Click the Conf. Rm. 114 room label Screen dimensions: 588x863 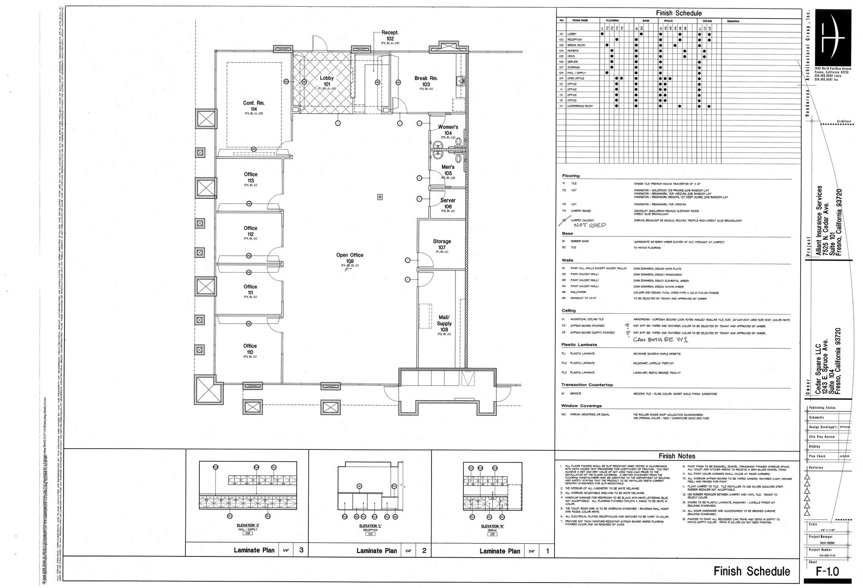[254, 106]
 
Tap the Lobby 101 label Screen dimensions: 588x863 [327, 81]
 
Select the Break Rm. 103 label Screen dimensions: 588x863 [426, 81]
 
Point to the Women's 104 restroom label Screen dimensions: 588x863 [448, 130]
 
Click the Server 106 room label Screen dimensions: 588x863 [448, 203]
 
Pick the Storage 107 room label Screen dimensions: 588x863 [442, 244]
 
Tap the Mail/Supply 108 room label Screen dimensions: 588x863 [444, 323]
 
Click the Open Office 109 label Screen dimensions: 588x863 [350, 258]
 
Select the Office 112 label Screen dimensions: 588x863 [250, 231]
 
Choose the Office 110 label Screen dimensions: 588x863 [250, 349]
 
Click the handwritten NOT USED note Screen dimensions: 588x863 [590, 225]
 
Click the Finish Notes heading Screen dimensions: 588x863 [677, 456]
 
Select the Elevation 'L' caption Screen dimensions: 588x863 [371, 526]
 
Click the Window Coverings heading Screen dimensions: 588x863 [581, 406]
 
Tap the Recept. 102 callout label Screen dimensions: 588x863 [390, 35]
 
